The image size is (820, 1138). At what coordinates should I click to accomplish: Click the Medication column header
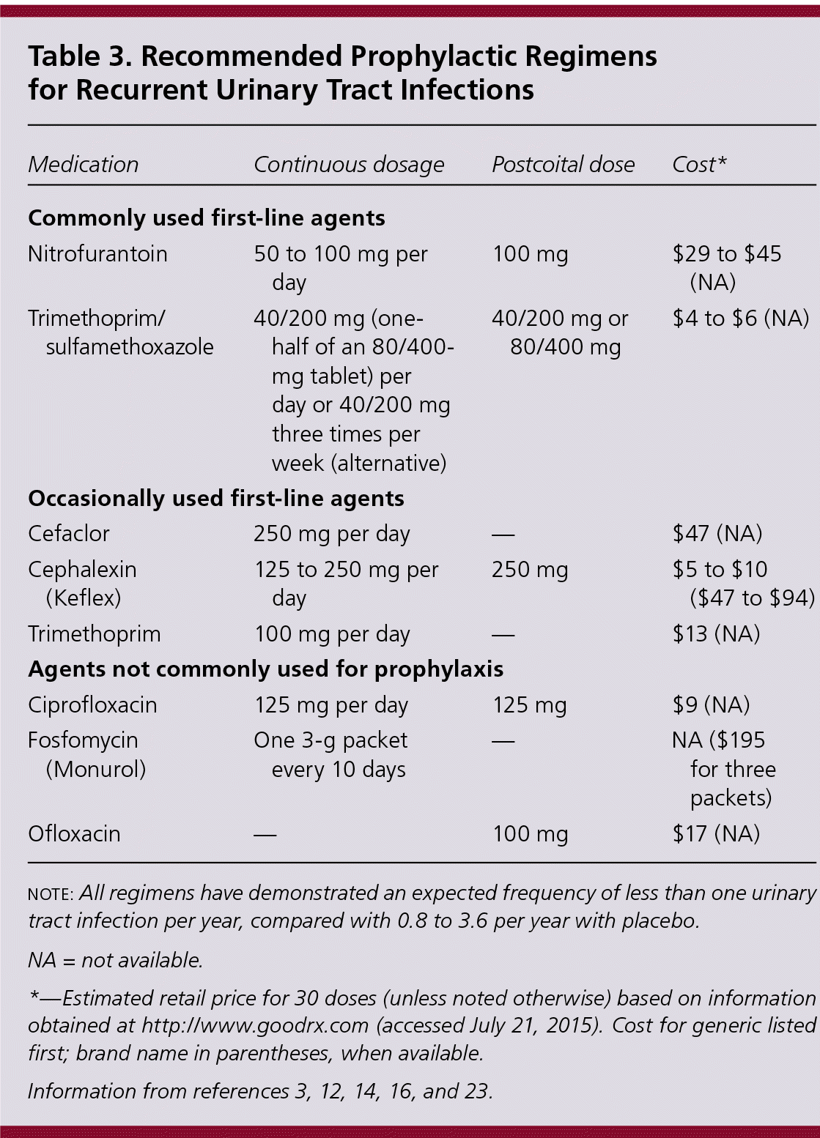pos(83,165)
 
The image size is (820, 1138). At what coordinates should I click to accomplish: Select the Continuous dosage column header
pos(349,165)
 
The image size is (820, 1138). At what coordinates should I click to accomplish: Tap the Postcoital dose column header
pos(563,165)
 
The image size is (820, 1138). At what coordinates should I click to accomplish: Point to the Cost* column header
pos(699,165)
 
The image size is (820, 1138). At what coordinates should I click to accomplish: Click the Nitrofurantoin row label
pos(97,254)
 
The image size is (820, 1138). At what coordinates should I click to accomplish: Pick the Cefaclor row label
pos(69,534)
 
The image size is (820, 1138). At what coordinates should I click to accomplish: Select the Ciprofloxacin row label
pos(92,705)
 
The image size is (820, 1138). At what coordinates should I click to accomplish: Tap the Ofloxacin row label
pos(74,834)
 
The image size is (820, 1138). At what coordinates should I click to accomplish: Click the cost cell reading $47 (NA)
pos(717,534)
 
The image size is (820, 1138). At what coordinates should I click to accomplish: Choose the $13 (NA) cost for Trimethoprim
pos(716,634)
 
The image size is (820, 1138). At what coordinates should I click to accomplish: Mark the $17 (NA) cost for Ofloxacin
pos(716,834)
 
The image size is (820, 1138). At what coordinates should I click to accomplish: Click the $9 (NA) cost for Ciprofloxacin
pos(711,705)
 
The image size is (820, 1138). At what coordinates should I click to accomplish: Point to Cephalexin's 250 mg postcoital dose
pos(530,570)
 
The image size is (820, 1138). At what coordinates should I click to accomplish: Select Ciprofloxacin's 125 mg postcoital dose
pos(529,705)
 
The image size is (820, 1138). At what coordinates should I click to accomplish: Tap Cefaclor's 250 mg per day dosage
pos(331,534)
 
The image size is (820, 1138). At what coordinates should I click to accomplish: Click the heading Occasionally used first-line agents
pos(216,499)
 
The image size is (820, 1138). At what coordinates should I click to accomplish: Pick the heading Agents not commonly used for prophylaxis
pos(265,669)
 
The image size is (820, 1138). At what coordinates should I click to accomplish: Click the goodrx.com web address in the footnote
pos(255,1026)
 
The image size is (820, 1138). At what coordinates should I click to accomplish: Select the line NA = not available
pos(115,961)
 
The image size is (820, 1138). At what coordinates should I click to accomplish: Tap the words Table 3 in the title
pos(75,57)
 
